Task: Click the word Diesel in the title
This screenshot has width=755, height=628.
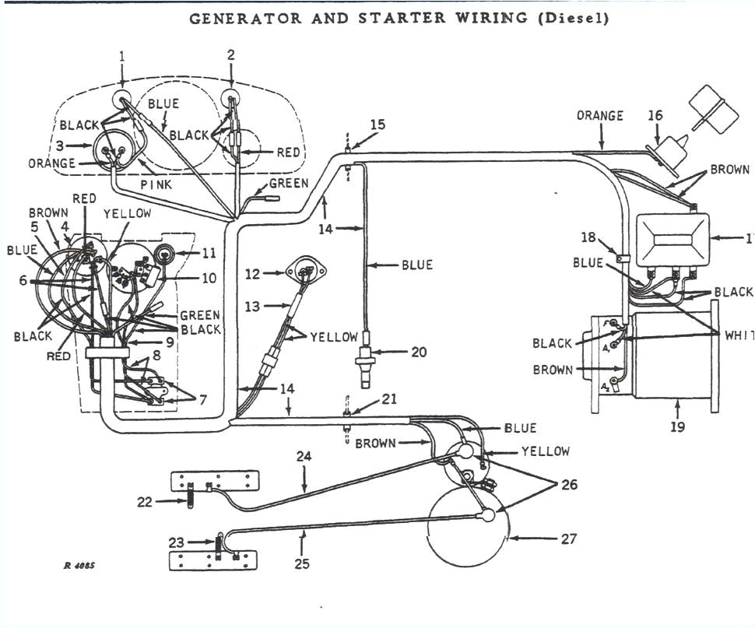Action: click(571, 17)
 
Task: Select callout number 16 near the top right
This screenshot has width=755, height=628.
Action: click(655, 116)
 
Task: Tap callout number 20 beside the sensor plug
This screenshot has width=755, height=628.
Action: click(419, 353)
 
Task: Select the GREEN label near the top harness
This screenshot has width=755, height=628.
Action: click(289, 184)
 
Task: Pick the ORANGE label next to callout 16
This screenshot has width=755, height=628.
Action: click(600, 116)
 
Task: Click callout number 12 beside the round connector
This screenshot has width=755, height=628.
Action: click(251, 273)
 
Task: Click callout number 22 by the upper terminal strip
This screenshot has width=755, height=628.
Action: click(144, 502)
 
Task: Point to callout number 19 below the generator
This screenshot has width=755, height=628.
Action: click(678, 427)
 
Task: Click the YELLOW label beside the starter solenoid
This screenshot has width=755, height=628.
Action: click(545, 451)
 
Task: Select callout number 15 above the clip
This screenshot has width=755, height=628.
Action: click(377, 125)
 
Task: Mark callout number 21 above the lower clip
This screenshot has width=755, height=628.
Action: click(389, 399)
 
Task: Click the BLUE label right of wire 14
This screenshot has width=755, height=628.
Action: click(416, 265)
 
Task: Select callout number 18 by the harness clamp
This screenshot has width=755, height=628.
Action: click(589, 237)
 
